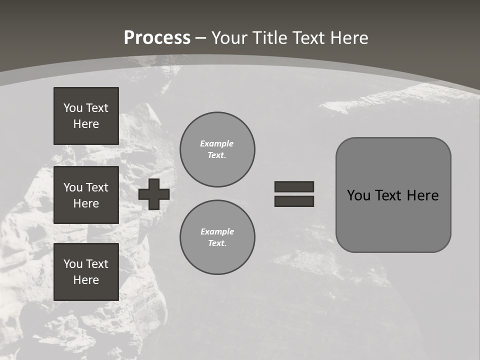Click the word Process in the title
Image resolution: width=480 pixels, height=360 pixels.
point(157,38)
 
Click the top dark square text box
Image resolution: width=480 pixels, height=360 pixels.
point(86,116)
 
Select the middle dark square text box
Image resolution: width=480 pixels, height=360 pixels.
point(86,195)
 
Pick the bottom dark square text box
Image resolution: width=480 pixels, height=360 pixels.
point(86,272)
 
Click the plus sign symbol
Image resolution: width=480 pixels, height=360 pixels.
point(154,194)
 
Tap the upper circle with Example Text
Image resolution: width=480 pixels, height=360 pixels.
point(217,149)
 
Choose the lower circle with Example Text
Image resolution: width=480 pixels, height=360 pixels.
point(217,237)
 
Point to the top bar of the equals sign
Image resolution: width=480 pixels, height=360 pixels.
point(294,186)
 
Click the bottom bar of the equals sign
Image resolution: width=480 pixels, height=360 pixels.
point(294,201)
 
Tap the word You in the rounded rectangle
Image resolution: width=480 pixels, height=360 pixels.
point(358,195)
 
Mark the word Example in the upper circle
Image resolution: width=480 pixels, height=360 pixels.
point(217,143)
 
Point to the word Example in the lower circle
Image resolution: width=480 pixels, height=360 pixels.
point(217,231)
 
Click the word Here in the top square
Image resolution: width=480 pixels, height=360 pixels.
point(86,124)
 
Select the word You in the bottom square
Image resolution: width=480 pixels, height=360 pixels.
point(73,264)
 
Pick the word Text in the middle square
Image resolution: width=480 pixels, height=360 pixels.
point(97,187)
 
